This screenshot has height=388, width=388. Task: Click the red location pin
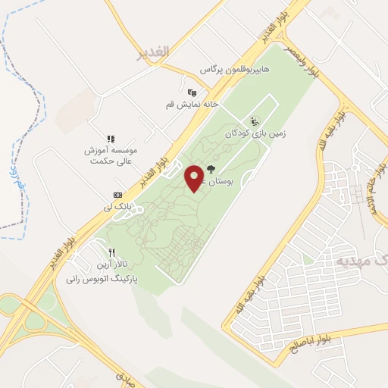194,178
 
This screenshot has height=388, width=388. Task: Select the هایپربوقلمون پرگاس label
235,70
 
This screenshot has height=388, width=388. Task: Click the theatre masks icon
190,92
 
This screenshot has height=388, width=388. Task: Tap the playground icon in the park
254,120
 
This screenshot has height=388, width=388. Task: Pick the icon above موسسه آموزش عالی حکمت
110,139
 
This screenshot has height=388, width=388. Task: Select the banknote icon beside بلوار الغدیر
117,194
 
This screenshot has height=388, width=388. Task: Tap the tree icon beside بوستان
210,170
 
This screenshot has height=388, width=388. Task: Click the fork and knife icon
111,252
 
